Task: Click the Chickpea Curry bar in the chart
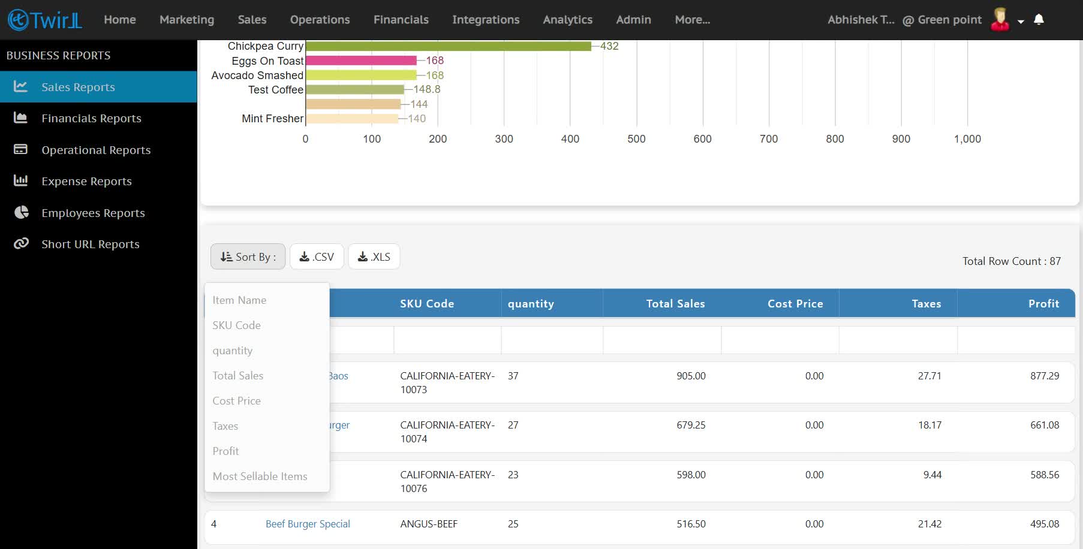click(449, 46)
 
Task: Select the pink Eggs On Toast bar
click(361, 61)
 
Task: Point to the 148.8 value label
click(427, 89)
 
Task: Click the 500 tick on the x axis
click(636, 139)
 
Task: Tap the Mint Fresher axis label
click(272, 119)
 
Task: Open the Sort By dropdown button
click(248, 257)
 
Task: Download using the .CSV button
click(317, 257)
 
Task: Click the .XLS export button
click(374, 257)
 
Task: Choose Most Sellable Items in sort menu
click(260, 476)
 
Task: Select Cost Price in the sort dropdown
click(236, 401)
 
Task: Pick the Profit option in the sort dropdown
click(225, 451)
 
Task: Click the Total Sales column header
click(675, 304)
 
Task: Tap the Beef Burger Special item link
click(308, 524)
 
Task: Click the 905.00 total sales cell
click(691, 376)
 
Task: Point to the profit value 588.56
click(1045, 475)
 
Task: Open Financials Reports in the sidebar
click(91, 119)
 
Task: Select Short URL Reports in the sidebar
click(91, 245)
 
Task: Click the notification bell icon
click(1039, 20)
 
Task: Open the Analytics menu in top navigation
click(567, 20)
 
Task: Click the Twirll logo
click(45, 20)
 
